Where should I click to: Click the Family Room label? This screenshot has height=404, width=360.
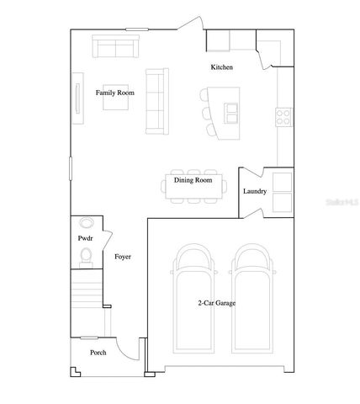(x=114, y=93)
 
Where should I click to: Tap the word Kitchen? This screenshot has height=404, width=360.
(x=221, y=67)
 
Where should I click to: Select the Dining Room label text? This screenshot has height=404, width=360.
(x=193, y=180)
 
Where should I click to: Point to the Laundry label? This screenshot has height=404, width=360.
(x=255, y=192)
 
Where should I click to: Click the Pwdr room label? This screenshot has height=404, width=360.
(x=84, y=239)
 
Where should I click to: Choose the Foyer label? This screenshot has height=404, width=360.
(x=122, y=257)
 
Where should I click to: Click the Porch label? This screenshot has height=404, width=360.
(x=98, y=352)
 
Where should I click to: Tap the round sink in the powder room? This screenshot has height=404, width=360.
(x=87, y=224)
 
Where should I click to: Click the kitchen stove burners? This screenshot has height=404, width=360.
(x=283, y=117)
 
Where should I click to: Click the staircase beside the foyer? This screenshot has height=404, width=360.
(x=86, y=299)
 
